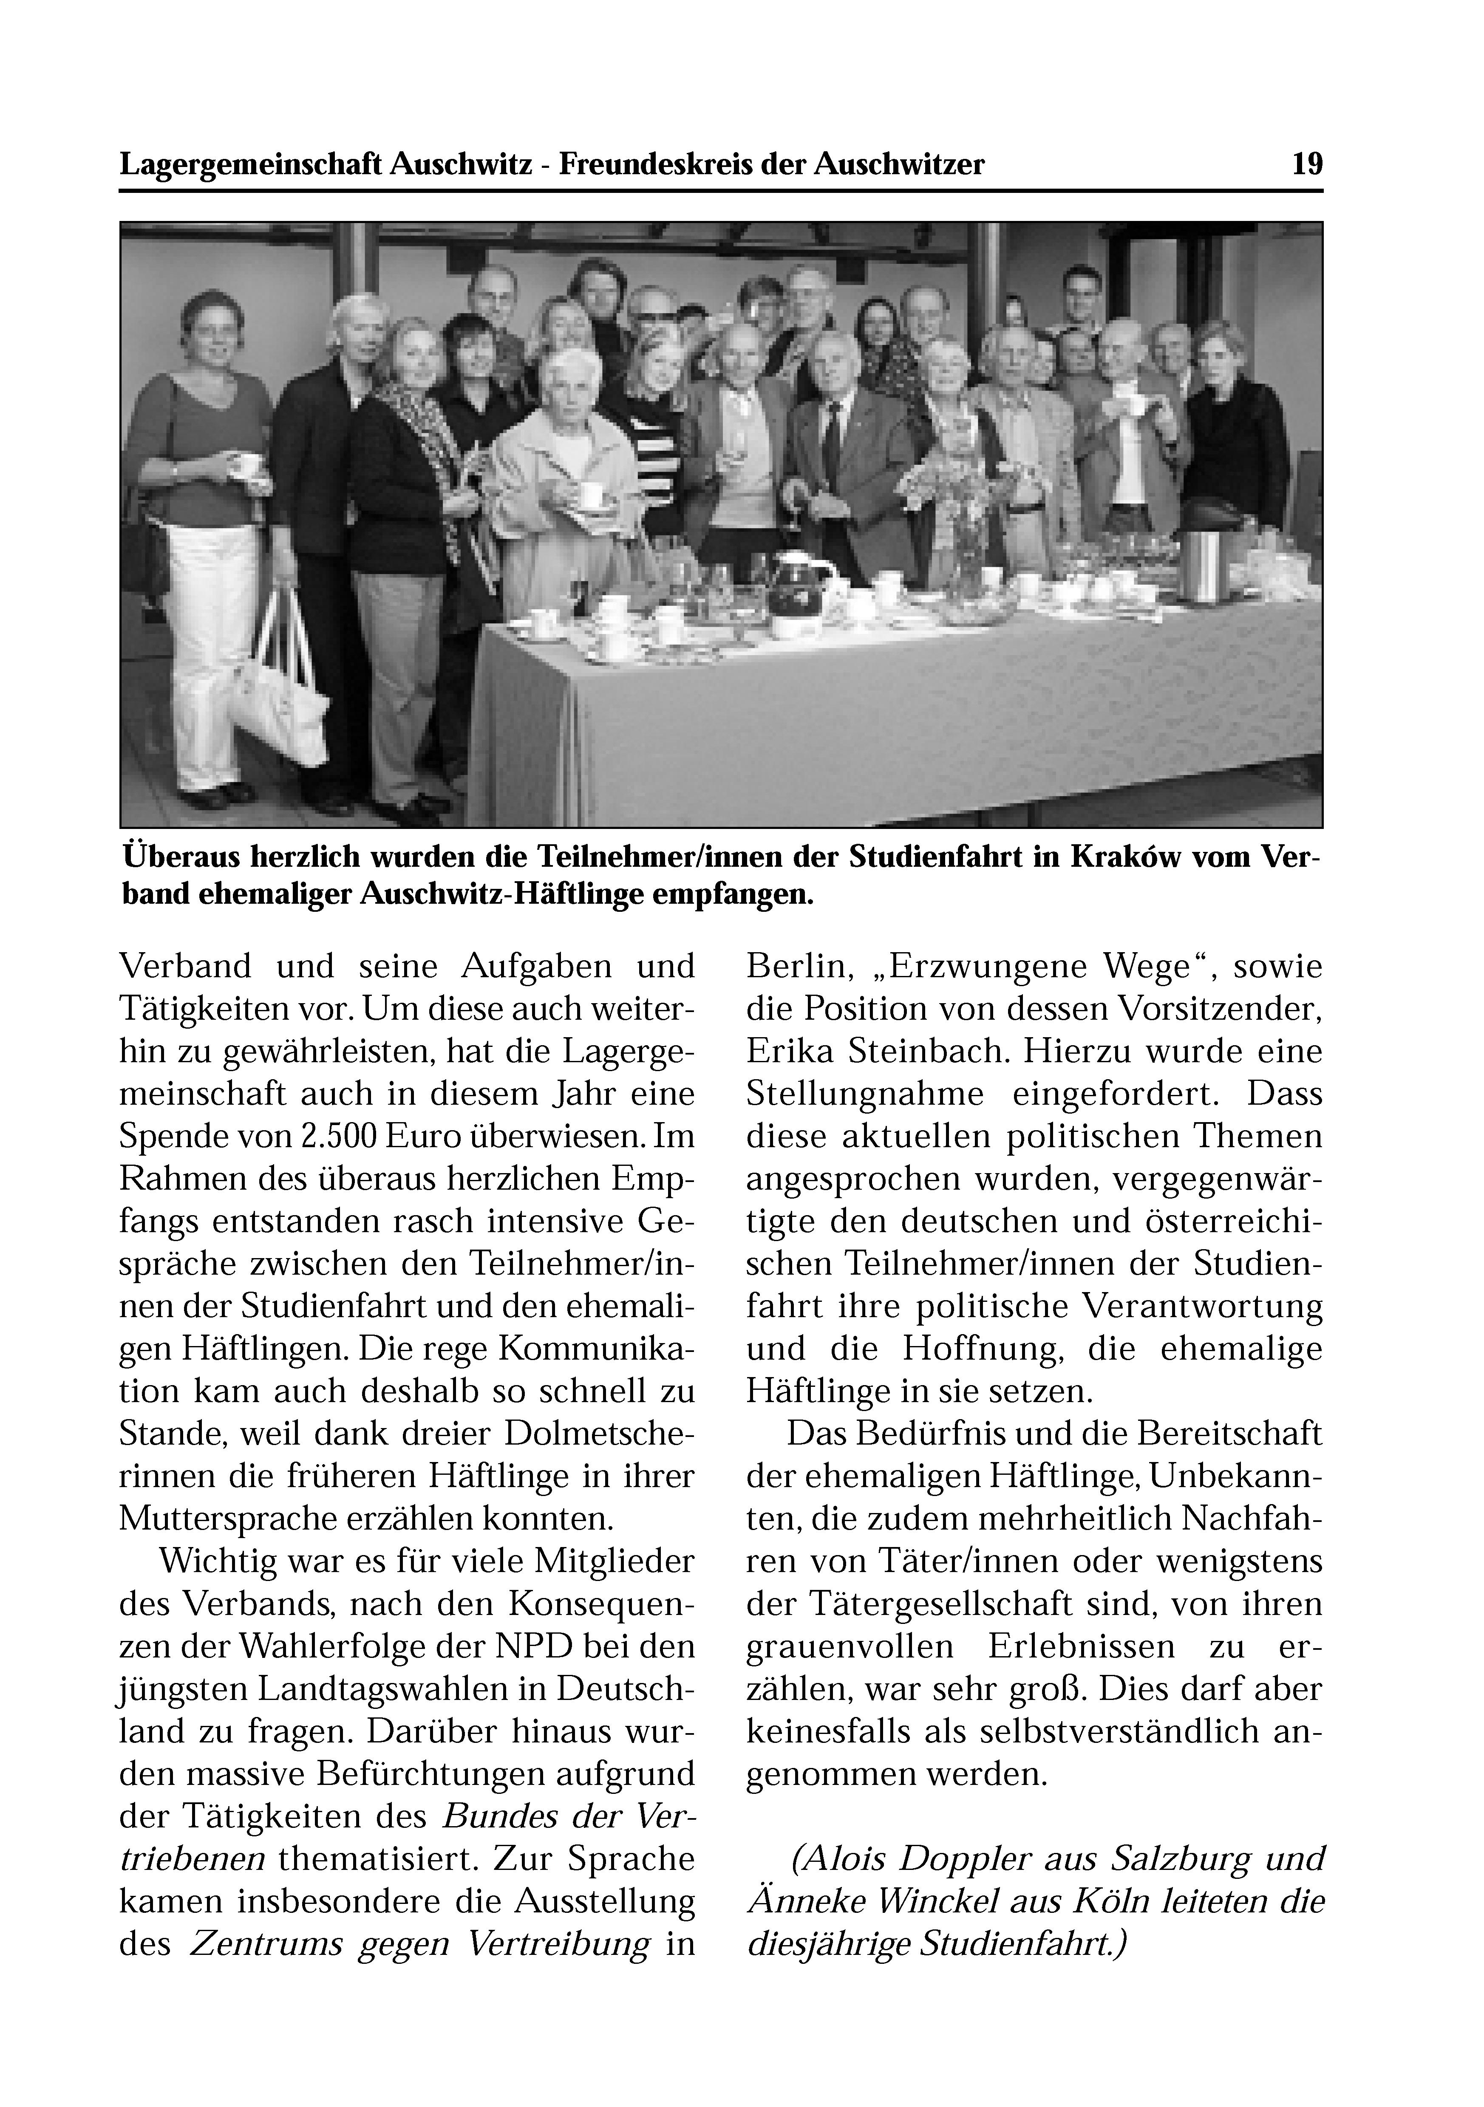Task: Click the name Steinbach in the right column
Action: click(x=920, y=1051)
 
